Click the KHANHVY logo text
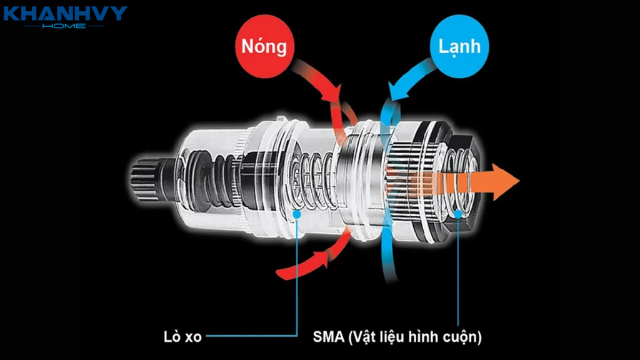tap(65, 13)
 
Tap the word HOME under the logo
tap(64, 26)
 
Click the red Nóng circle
tap(264, 46)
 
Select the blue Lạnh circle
tap(459, 46)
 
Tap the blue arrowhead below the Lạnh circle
tap(399, 91)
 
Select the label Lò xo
tap(182, 337)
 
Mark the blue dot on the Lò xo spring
tap(297, 214)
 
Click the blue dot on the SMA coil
tap(458, 214)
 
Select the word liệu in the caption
tap(391, 337)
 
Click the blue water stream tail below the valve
tap(390, 265)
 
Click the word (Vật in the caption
tap(360, 337)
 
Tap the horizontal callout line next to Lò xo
tap(251, 336)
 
